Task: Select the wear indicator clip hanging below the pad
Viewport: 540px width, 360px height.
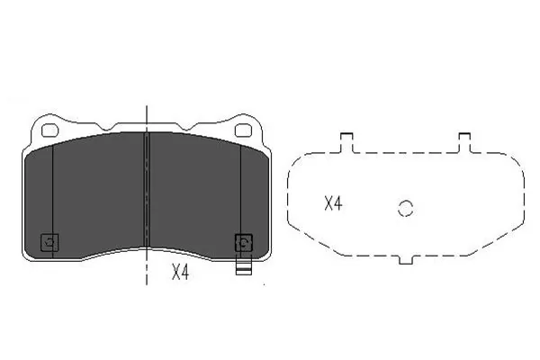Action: (242, 266)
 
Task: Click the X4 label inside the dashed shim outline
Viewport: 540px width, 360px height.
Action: (333, 203)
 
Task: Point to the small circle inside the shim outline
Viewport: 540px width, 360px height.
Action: (405, 208)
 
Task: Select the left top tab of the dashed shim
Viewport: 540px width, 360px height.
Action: (346, 141)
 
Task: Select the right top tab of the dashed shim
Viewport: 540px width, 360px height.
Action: (464, 141)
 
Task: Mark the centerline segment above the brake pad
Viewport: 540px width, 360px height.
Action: (147, 112)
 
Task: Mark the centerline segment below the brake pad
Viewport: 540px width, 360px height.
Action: (147, 270)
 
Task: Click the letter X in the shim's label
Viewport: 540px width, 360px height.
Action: (328, 203)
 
